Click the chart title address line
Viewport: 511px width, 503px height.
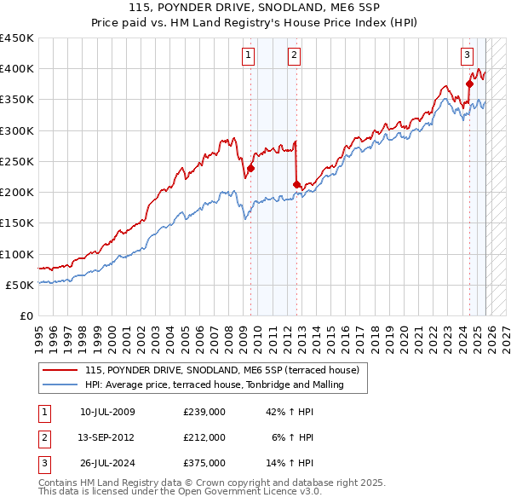tap(255, 9)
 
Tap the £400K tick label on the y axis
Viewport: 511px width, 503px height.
tap(17, 69)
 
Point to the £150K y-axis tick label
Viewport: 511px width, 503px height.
tap(17, 223)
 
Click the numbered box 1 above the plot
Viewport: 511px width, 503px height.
tap(248, 56)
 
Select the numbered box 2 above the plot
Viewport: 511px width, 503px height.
tap(294, 56)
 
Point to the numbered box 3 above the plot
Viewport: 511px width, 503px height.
tap(467, 56)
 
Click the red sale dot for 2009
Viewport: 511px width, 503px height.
tap(251, 168)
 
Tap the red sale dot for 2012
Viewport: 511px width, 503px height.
tap(296, 184)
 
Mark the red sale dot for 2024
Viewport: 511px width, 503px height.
tap(469, 84)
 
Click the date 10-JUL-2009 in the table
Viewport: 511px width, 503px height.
tap(107, 413)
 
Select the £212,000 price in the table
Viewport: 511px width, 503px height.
tap(204, 437)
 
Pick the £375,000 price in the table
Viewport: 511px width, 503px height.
tap(204, 462)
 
